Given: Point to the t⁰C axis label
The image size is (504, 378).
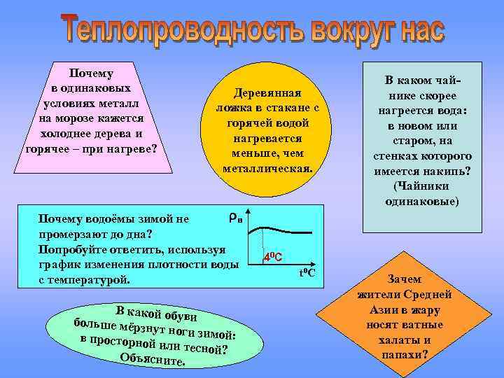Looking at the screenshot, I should tap(307, 272).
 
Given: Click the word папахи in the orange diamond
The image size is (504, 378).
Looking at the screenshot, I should tap(402, 355).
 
